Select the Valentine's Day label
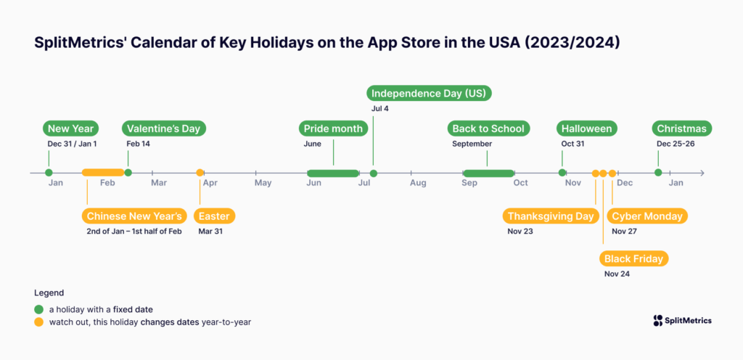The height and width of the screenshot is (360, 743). coord(163,128)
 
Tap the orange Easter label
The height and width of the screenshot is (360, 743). coord(215,216)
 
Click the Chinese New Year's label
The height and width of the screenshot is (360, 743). coord(134,216)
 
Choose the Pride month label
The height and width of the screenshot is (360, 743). coord(334,128)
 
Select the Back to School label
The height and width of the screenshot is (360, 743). coord(488,128)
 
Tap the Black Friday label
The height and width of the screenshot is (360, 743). coord(634,258)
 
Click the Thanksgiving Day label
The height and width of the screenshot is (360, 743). coord(551,216)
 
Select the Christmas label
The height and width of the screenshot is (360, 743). coord(681,128)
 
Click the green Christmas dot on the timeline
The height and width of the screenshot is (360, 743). coord(658,173)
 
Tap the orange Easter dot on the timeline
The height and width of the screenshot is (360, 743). coord(200,173)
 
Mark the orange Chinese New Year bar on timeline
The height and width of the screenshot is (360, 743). coord(102,173)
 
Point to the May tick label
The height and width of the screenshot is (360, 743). coord(263,183)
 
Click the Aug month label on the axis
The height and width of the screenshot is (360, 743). coord(418,183)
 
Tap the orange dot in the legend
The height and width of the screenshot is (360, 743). coord(38,322)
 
